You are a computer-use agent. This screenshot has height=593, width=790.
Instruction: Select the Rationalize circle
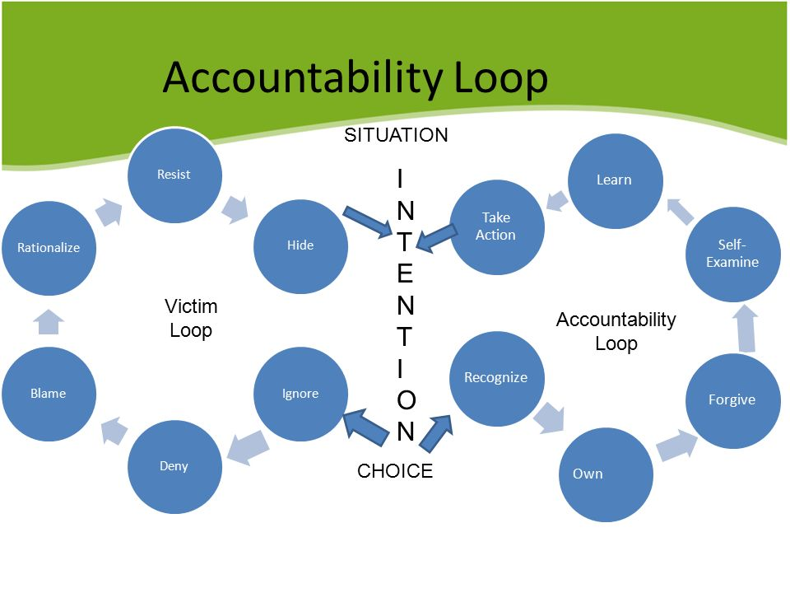click(49, 247)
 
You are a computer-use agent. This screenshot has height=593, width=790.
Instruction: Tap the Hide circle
click(300, 245)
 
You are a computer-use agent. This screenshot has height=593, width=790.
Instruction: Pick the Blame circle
click(48, 393)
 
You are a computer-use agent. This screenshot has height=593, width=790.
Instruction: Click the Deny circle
click(174, 466)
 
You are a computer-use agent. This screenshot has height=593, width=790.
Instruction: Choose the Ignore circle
click(300, 393)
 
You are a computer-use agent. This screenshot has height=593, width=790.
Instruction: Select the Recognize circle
click(495, 378)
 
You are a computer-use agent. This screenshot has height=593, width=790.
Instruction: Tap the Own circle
click(606, 474)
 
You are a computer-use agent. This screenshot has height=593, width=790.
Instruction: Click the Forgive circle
click(732, 399)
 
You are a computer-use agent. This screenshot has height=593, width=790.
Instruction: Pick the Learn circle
click(614, 180)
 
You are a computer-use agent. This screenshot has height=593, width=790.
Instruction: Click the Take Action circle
click(496, 226)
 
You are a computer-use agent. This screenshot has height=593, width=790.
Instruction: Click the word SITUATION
click(396, 135)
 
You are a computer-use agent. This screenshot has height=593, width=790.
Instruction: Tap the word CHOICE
click(395, 471)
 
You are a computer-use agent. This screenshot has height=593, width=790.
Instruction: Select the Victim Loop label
click(191, 319)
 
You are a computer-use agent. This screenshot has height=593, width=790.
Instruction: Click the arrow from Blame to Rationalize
click(49, 321)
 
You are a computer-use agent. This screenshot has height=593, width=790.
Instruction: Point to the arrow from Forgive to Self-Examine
click(746, 327)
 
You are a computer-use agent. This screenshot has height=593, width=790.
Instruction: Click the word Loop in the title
click(501, 78)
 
